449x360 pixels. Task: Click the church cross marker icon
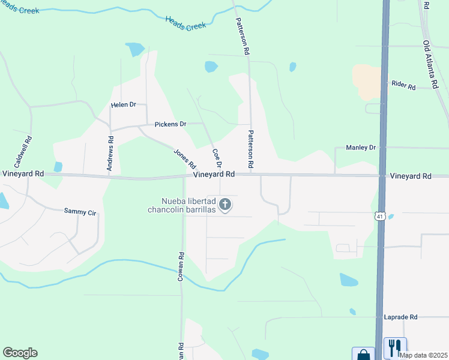tap(225, 205)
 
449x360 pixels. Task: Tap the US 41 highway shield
tap(380, 216)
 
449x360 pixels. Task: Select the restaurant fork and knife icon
tap(395, 348)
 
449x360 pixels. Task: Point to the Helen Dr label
tap(124, 105)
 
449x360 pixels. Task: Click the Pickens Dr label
tap(170, 124)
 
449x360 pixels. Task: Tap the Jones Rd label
tap(185, 158)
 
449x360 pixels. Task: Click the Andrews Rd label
tap(110, 157)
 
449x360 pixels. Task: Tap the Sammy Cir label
tap(80, 211)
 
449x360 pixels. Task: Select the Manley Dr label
tap(360, 147)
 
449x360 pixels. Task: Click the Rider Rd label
tap(403, 86)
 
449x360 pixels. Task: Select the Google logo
tap(20, 353)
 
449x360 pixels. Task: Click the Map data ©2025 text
tap(423, 355)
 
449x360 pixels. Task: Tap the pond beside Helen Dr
tap(135, 49)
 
